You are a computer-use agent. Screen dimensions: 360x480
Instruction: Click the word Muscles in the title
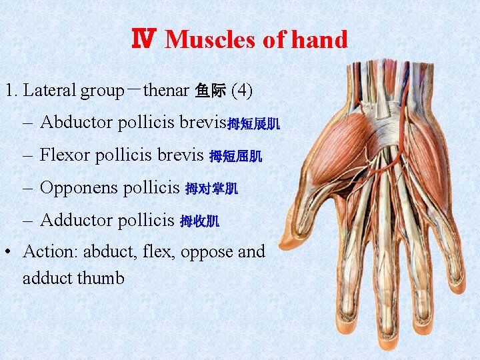210,40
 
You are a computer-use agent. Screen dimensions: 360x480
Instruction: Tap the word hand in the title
322,40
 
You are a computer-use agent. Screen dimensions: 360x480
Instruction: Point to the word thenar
167,90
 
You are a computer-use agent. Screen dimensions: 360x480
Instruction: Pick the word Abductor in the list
76,123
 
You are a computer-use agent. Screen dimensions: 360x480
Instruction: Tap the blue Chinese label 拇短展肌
254,124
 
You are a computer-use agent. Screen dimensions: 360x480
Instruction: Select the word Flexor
65,155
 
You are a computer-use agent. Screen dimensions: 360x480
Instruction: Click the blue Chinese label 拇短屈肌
236,157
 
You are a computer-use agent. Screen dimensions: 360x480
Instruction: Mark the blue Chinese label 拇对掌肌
211,189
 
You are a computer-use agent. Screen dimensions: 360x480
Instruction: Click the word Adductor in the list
76,220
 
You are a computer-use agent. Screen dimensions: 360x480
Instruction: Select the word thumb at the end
101,278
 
